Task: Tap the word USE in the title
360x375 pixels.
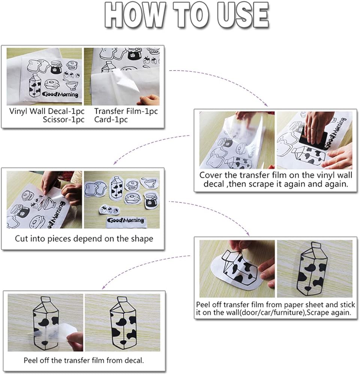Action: pos(243,15)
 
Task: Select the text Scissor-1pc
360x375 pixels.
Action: pos(64,119)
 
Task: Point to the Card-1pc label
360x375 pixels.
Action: pos(111,119)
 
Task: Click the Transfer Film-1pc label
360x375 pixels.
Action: pos(126,111)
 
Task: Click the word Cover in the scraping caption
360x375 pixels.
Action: pos(210,175)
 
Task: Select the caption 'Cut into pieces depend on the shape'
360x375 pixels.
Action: pos(84,238)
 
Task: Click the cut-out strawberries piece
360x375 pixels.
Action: pos(109,210)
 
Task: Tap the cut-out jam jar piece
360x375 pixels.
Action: pos(151,200)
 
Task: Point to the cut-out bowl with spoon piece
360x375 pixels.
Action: pos(150,183)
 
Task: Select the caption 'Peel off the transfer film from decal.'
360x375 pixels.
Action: pos(84,360)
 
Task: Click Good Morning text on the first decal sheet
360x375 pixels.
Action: pos(60,94)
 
